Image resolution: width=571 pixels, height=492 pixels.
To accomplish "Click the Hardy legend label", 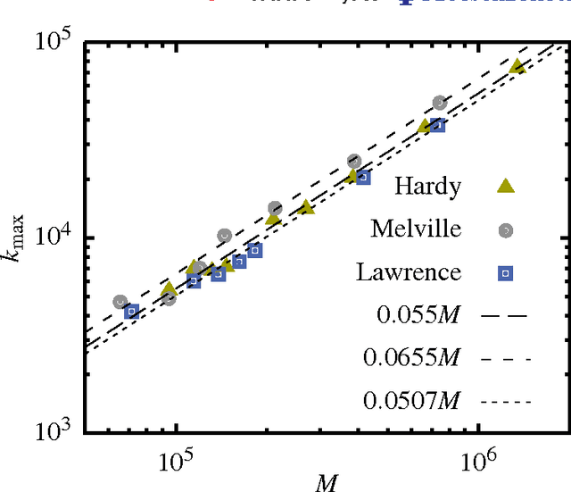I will click(x=428, y=187).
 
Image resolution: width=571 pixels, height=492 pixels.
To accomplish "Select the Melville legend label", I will click(x=416, y=229).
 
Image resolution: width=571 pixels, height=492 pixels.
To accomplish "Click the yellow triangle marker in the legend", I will click(x=505, y=186).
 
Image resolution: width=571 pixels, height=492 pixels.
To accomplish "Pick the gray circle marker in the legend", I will click(x=505, y=229).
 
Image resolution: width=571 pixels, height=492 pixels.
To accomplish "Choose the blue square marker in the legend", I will click(x=505, y=271).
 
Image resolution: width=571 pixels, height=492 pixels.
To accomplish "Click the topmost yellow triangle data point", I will click(x=516, y=66).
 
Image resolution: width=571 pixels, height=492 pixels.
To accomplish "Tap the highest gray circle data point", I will click(x=439, y=104).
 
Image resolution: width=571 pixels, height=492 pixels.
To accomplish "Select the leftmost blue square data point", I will click(x=132, y=312).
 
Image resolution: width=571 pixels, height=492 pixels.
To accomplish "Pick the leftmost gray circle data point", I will click(x=120, y=302).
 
